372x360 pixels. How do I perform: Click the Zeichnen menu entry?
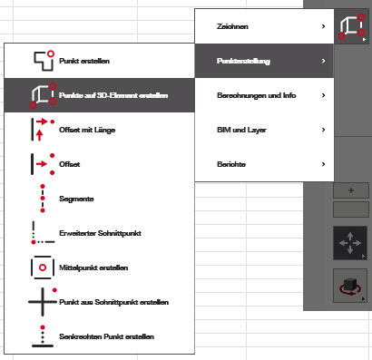232,26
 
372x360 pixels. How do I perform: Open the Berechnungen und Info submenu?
256,95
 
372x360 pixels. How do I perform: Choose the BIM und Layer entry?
241,130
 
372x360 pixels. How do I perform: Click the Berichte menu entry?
231,164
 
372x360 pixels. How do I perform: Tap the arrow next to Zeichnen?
323,26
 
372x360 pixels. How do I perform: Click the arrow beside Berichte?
323,164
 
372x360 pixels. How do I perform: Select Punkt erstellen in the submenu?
84,61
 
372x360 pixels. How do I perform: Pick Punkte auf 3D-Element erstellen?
113,95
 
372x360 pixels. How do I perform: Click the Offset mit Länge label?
87,130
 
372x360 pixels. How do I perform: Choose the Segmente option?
76,199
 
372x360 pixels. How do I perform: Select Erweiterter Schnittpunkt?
100,233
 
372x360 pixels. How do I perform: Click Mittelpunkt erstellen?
93,268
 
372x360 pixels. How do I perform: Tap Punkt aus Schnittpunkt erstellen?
113,302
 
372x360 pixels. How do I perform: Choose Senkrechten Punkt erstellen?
106,336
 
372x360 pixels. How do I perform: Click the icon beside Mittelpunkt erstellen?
43,268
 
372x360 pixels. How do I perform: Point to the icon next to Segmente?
43,199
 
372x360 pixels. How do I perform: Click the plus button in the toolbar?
351,190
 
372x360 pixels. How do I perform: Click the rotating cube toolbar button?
350,286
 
